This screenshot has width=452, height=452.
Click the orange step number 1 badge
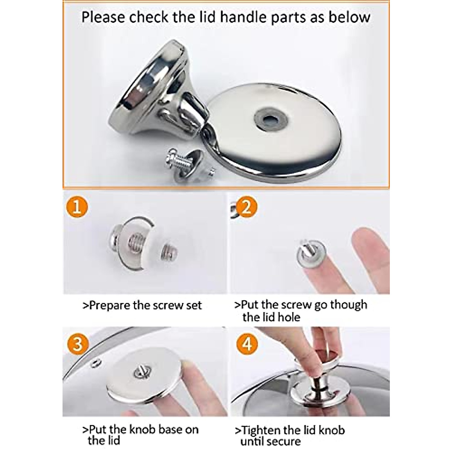tap(77, 208)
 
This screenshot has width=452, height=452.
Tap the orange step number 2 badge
tap(246, 207)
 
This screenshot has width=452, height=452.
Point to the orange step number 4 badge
tap(246, 344)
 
